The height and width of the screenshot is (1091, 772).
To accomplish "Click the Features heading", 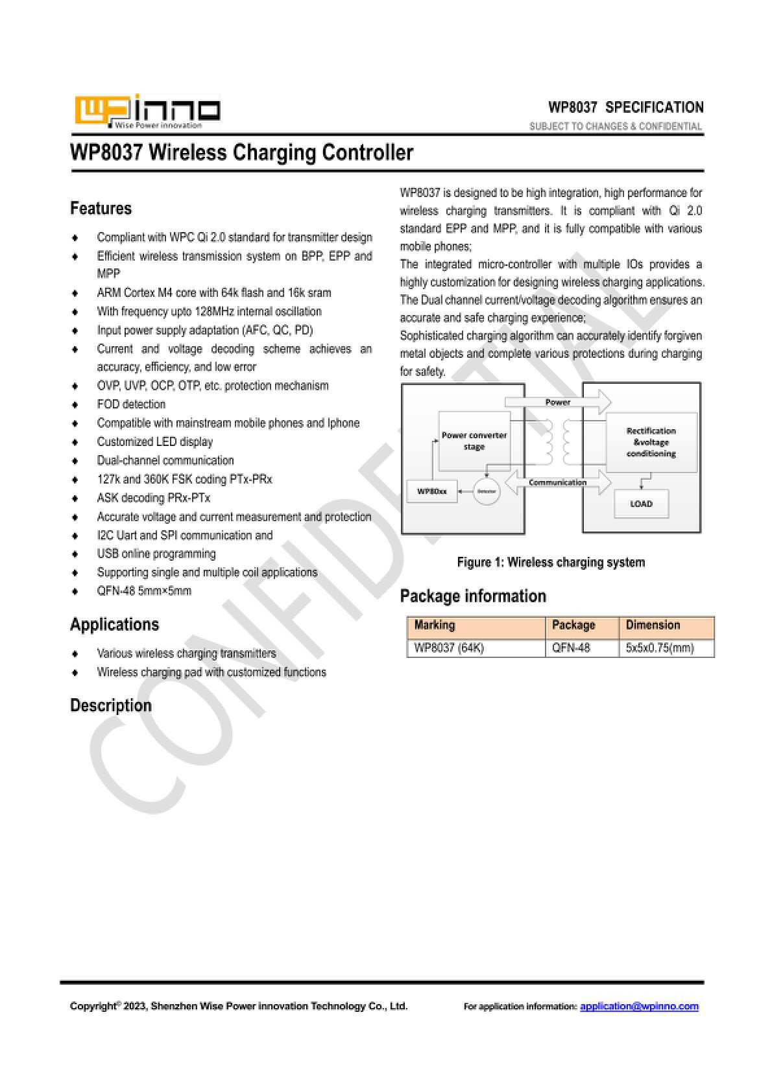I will click(x=101, y=208).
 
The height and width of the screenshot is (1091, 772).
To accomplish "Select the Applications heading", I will click(x=114, y=624).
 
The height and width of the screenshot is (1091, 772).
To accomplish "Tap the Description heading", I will click(x=110, y=705).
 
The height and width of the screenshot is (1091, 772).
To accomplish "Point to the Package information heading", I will click(x=473, y=596).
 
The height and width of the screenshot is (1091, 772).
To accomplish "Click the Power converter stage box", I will click(x=474, y=441).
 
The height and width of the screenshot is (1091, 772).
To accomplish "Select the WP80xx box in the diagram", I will click(x=431, y=491).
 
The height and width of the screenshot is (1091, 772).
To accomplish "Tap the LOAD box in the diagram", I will click(x=641, y=504).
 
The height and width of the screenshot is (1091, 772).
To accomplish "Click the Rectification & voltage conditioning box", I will click(x=651, y=442).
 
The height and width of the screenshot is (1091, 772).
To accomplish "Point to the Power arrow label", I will click(x=557, y=403).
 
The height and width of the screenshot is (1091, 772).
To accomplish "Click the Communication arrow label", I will click(x=557, y=482).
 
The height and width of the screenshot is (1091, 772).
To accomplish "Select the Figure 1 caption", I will click(x=551, y=562).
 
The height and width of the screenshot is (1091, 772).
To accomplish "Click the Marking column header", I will click(x=435, y=625).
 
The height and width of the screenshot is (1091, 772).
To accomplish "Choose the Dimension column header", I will click(x=653, y=625).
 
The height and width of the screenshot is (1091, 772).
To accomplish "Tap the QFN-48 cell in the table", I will click(x=571, y=648).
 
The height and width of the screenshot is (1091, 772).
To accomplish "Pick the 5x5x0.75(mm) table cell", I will click(x=660, y=648).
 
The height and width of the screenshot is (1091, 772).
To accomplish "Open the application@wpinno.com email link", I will click(x=639, y=1006).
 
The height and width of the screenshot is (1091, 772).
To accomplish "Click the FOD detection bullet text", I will click(x=131, y=404).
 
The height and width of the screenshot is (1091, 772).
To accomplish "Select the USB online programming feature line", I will click(x=156, y=554).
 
